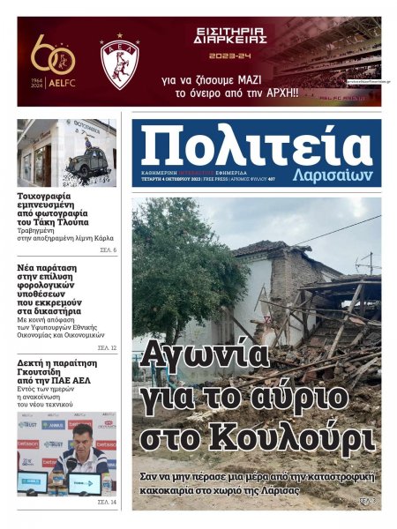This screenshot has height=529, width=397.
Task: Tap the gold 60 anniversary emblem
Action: (x=53, y=57)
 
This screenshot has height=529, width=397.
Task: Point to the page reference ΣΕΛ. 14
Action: (x=107, y=502)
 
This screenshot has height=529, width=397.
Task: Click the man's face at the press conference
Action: (x=81, y=435)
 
